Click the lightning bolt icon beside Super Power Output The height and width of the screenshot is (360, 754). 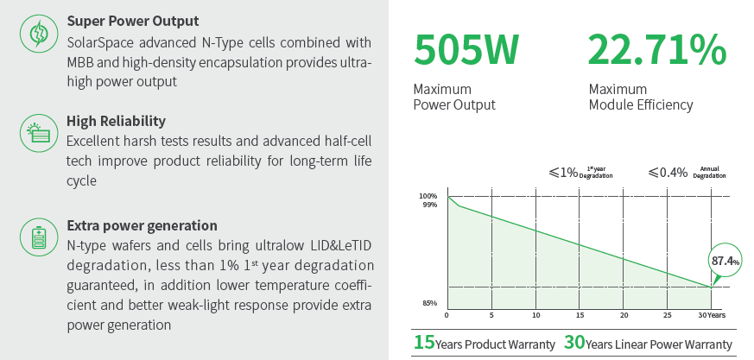tap(37, 33)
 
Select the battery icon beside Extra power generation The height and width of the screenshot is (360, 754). tap(37, 237)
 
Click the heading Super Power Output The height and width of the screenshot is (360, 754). tap(133, 21)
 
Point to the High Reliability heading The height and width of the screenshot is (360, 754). tap(116, 121)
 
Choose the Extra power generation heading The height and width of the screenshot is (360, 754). tap(142, 225)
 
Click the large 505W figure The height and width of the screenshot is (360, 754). tap(466, 50)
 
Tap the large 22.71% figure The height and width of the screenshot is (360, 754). tap(657, 50)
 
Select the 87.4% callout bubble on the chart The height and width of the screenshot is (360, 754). tap(725, 262)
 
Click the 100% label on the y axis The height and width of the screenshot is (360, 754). tap(428, 196)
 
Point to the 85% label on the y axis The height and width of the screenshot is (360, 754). tap(430, 303)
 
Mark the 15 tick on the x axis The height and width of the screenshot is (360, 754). tap(580, 315)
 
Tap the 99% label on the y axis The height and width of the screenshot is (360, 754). tap(430, 205)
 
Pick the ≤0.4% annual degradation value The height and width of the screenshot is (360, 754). tap(668, 173)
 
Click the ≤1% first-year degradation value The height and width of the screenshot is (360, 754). tap(563, 173)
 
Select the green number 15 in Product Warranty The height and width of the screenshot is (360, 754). tap(424, 343)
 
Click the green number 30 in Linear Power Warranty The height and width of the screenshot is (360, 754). tap(574, 343)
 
